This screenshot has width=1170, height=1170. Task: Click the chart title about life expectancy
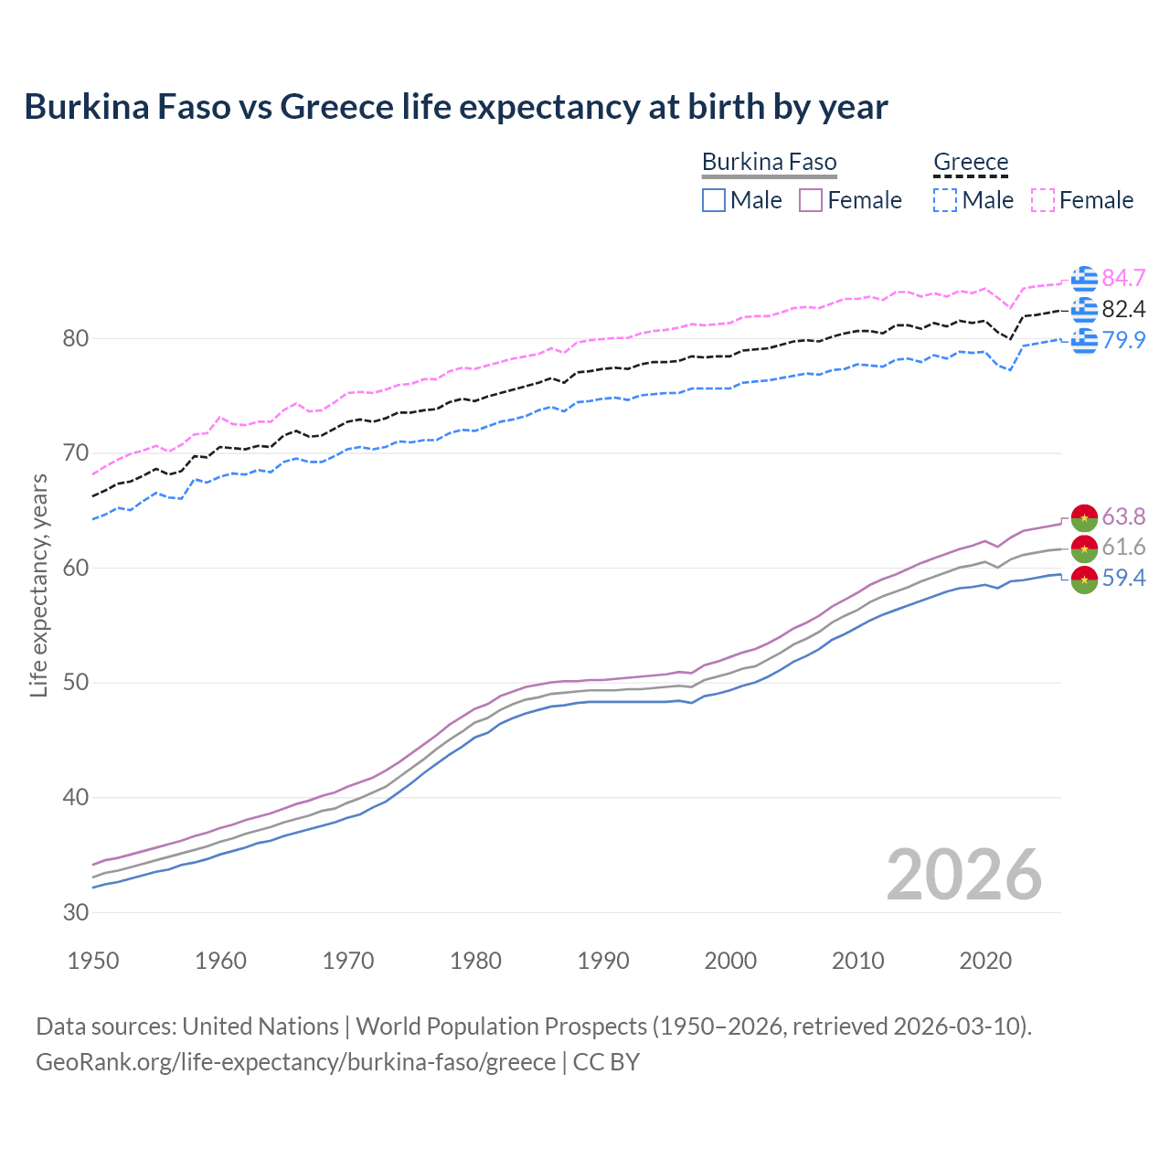click(455, 107)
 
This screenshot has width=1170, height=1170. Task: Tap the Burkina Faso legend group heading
click(769, 163)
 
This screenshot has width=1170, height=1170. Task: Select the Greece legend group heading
click(970, 163)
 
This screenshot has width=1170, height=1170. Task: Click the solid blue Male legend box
click(714, 200)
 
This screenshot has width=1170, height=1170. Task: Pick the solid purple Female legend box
click(811, 200)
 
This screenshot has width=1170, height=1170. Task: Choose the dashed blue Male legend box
click(945, 200)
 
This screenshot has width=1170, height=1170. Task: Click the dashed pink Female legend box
click(1043, 200)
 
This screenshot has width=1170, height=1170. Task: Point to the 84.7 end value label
click(1123, 278)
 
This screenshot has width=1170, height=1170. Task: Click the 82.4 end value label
click(1123, 309)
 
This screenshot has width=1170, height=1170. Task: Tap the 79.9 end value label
click(1123, 340)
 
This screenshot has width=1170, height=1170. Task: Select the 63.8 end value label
click(1123, 516)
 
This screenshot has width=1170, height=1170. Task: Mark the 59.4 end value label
click(1123, 578)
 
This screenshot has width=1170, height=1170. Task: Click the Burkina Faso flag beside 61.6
click(1084, 548)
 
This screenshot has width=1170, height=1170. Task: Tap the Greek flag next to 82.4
click(1084, 310)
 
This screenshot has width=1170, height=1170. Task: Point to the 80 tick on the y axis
click(75, 339)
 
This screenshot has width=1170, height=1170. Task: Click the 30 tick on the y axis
click(75, 912)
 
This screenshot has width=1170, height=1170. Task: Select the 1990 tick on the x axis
click(603, 961)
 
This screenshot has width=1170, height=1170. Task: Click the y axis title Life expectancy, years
click(39, 585)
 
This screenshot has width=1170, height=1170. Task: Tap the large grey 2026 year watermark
click(963, 875)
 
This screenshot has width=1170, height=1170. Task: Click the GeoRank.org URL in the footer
click(295, 1062)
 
